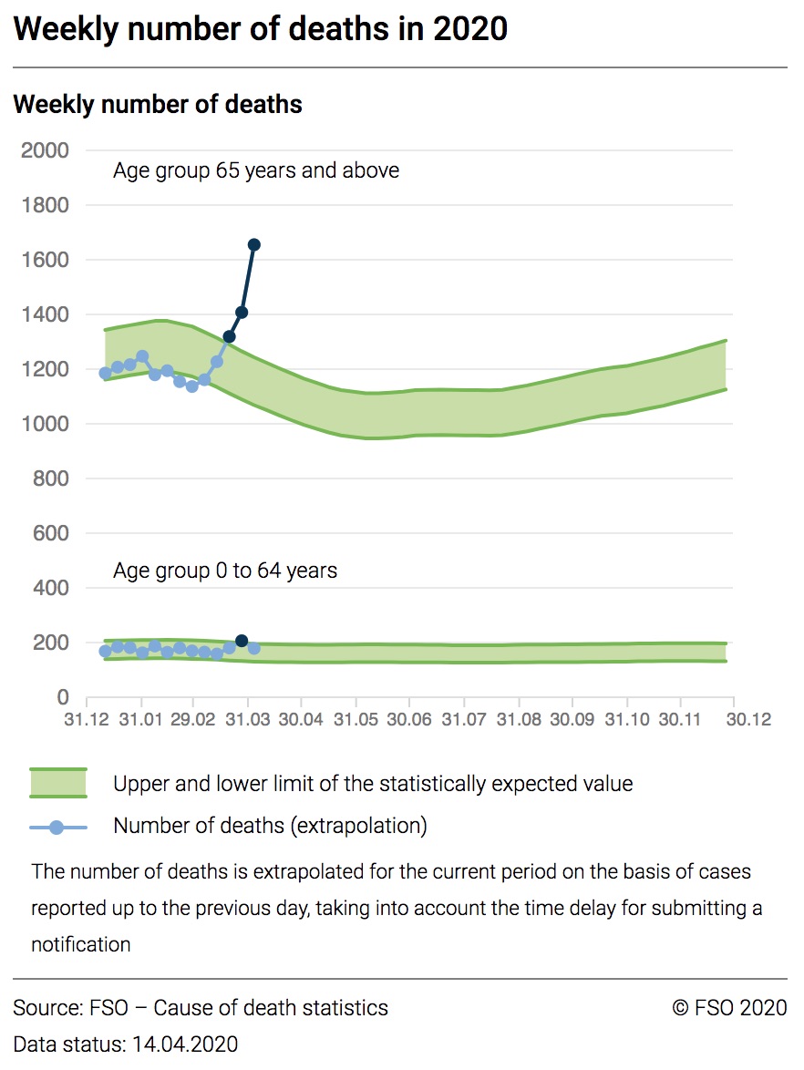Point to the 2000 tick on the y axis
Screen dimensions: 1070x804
[x=45, y=150]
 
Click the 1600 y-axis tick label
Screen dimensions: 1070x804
[x=45, y=260]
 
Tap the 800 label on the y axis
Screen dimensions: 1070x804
[x=51, y=478]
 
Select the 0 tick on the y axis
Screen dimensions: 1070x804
[x=63, y=697]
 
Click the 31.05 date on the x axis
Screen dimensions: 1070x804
[x=356, y=719]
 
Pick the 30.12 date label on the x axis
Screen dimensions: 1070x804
[x=748, y=719]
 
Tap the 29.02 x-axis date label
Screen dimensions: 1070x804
[x=193, y=719]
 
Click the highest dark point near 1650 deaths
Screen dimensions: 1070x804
[x=254, y=244]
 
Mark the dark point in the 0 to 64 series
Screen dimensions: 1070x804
[x=242, y=641]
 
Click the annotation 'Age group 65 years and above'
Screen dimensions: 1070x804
[x=256, y=170]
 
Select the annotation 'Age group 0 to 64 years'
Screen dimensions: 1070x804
[x=225, y=571]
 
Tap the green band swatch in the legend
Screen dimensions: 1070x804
[x=57, y=783]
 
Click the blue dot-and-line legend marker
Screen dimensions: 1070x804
[x=57, y=827]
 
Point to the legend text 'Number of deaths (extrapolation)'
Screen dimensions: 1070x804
[x=270, y=827]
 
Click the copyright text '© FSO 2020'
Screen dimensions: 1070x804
[x=729, y=1008]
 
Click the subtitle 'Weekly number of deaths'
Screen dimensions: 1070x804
[x=158, y=104]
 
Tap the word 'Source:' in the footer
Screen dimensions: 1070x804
[x=46, y=1008]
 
